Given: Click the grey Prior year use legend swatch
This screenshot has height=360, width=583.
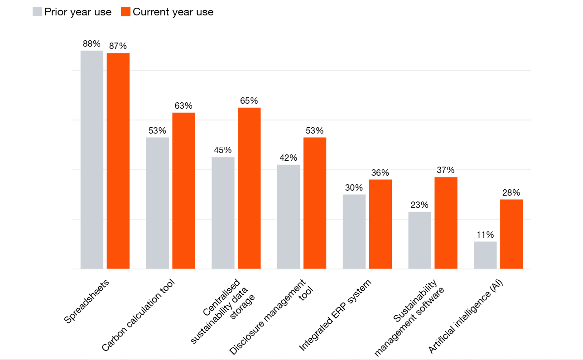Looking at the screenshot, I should (37, 12).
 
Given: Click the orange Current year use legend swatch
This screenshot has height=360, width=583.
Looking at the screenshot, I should (126, 12).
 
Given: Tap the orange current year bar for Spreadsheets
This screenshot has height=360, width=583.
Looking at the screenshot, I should (118, 161).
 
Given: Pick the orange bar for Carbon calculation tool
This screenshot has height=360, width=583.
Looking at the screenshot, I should (183, 191).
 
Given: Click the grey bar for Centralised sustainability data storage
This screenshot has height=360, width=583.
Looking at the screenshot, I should (223, 213).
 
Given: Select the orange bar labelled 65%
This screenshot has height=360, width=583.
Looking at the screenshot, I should (249, 188).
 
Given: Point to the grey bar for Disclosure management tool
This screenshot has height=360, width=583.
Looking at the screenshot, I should (289, 216).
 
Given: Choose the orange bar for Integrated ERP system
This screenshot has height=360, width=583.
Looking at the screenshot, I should (381, 224).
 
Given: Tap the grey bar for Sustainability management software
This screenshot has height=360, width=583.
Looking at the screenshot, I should (419, 240).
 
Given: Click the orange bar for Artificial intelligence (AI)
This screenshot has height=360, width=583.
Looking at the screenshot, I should (511, 234).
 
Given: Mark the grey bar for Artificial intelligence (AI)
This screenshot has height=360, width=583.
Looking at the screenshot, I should (485, 255).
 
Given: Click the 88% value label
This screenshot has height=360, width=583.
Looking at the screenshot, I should (92, 44).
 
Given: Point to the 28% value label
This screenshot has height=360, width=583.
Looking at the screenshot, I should (511, 192).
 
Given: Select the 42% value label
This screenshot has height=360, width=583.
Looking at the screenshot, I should (288, 158).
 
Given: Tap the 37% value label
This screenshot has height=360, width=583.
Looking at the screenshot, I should (446, 170).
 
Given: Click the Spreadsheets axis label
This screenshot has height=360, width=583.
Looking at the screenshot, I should (87, 302).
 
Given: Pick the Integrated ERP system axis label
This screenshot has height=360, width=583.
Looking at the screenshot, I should (335, 316).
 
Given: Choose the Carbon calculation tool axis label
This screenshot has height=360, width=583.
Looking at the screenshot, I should (138, 316).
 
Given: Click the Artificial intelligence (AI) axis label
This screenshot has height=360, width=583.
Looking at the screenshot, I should (466, 317).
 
